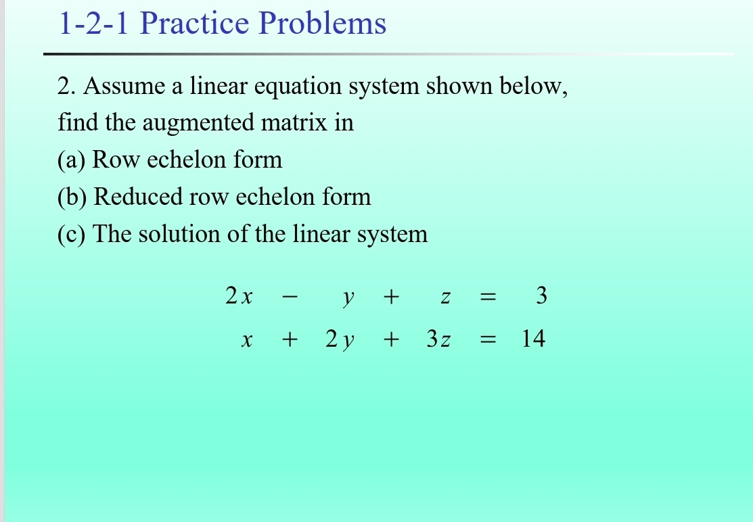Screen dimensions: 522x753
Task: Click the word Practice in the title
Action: point(196,24)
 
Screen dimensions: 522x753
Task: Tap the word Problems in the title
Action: point(323,24)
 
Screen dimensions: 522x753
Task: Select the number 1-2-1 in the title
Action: point(95,24)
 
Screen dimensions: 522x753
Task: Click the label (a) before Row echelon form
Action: point(72,160)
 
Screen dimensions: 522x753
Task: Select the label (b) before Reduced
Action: point(73,197)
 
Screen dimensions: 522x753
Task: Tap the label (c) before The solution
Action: point(72,235)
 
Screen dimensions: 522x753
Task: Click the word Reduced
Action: point(139,197)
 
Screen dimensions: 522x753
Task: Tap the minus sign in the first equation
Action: point(288,297)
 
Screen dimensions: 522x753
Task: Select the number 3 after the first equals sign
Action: point(540,296)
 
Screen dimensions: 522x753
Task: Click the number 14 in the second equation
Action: point(532,339)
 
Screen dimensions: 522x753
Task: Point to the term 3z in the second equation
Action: point(438,339)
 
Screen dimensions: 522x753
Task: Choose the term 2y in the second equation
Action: point(340,340)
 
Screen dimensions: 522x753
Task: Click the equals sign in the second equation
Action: point(488,340)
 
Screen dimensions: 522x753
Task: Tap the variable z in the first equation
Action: point(444,298)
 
